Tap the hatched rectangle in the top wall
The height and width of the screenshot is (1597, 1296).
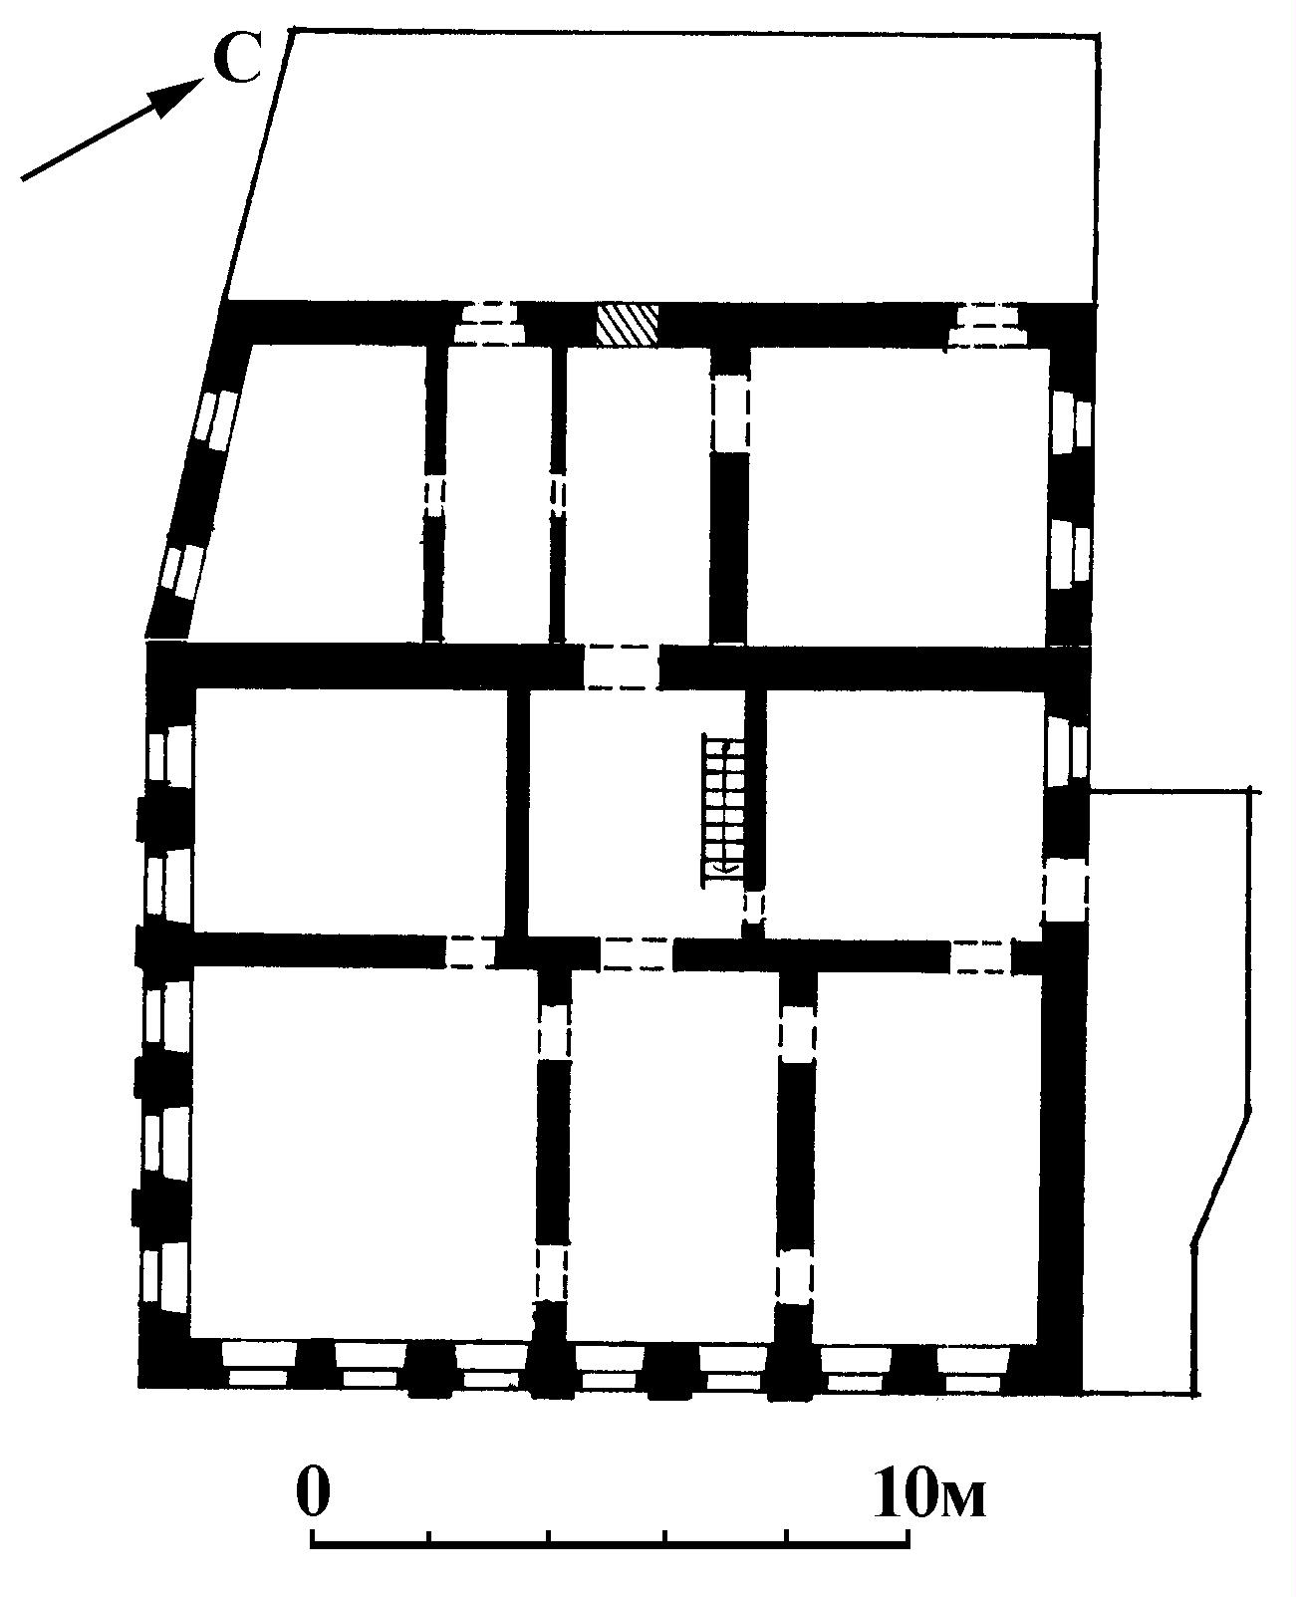point(627,326)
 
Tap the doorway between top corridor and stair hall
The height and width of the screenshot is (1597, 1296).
point(622,666)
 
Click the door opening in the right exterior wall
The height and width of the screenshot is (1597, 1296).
point(1065,891)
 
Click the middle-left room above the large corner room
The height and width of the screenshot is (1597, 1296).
point(350,811)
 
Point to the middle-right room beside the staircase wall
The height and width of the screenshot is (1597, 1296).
point(905,813)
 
